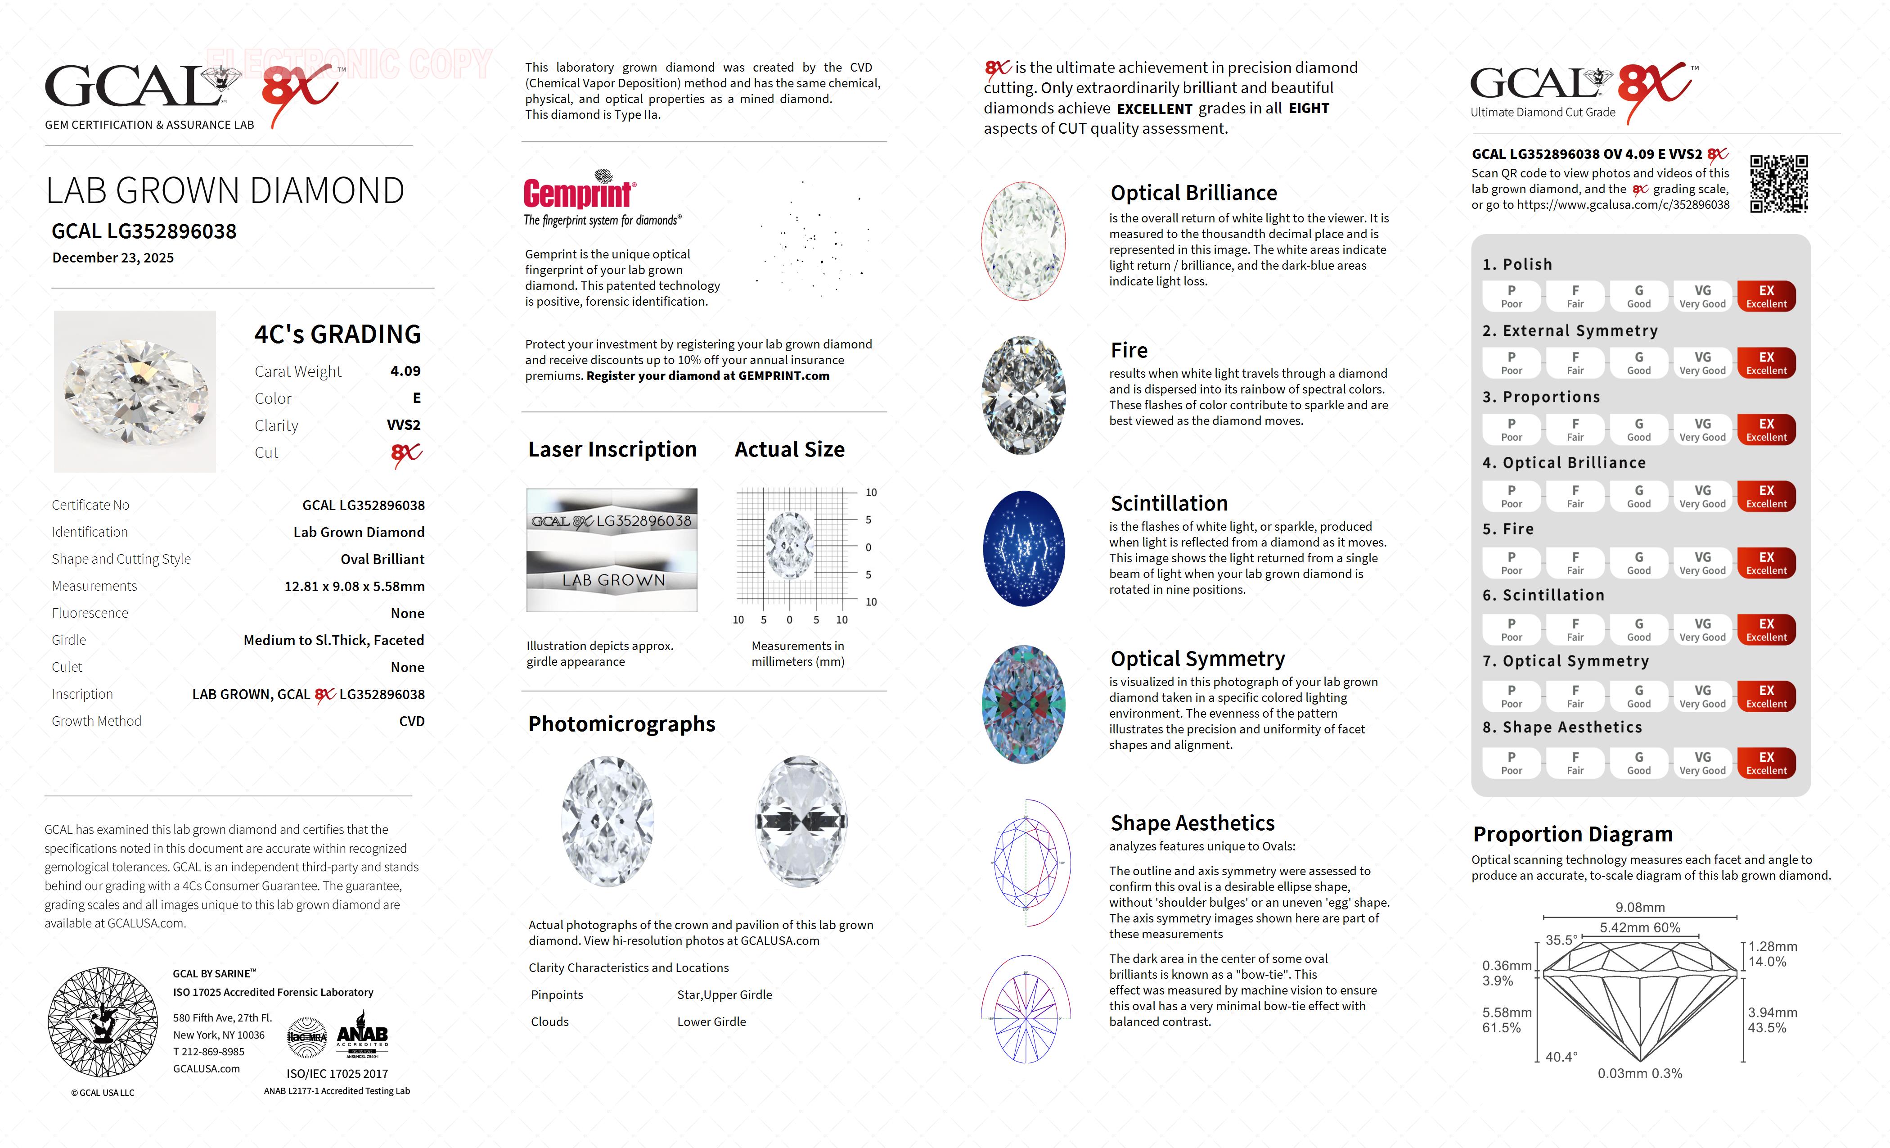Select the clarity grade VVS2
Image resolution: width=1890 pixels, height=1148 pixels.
click(404, 425)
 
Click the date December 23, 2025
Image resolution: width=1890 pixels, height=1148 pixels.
click(113, 258)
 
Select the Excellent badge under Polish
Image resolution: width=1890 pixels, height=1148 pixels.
click(1766, 296)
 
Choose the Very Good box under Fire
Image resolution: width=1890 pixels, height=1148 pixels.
click(1702, 562)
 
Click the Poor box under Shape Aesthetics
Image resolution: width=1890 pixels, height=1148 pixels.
click(1511, 763)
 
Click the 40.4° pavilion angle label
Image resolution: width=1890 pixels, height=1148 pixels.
click(1561, 1057)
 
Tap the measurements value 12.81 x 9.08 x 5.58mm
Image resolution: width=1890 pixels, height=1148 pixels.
click(355, 586)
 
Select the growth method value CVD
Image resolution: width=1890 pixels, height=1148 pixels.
click(411, 721)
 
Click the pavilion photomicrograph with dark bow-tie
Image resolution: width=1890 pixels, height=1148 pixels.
click(801, 821)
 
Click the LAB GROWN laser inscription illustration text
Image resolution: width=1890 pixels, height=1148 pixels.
click(613, 581)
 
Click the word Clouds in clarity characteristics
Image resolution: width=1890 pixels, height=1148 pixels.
click(549, 1022)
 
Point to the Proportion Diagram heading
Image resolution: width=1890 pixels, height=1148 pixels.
click(1572, 834)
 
